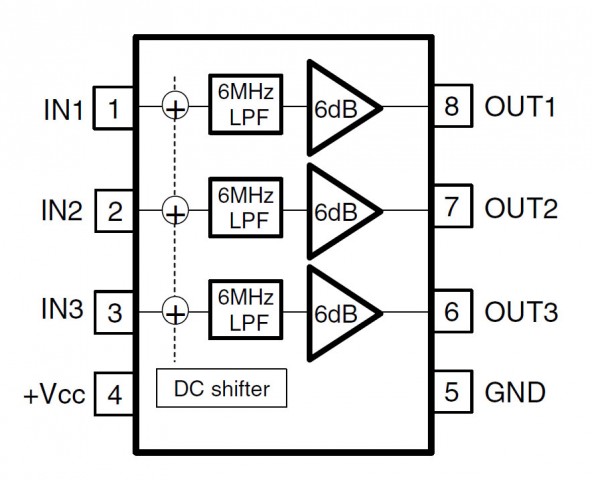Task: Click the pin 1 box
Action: point(113,108)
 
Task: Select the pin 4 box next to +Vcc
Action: point(114,394)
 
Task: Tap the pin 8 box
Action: point(453,105)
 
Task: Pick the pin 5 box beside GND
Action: point(453,392)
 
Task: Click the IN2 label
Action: point(62,210)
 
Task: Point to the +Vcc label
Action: point(54,395)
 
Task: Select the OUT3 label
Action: point(521,312)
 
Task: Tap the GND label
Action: point(515,392)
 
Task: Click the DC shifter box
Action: point(222,388)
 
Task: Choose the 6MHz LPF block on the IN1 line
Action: point(246,104)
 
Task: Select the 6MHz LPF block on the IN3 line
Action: point(246,309)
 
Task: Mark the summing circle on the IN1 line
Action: point(175,105)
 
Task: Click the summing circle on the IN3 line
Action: point(175,311)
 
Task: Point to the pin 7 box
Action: point(453,206)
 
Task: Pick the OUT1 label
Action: point(520,106)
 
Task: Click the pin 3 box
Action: point(114,312)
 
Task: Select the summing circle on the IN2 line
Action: point(175,210)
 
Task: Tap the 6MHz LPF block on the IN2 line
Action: point(246,207)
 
